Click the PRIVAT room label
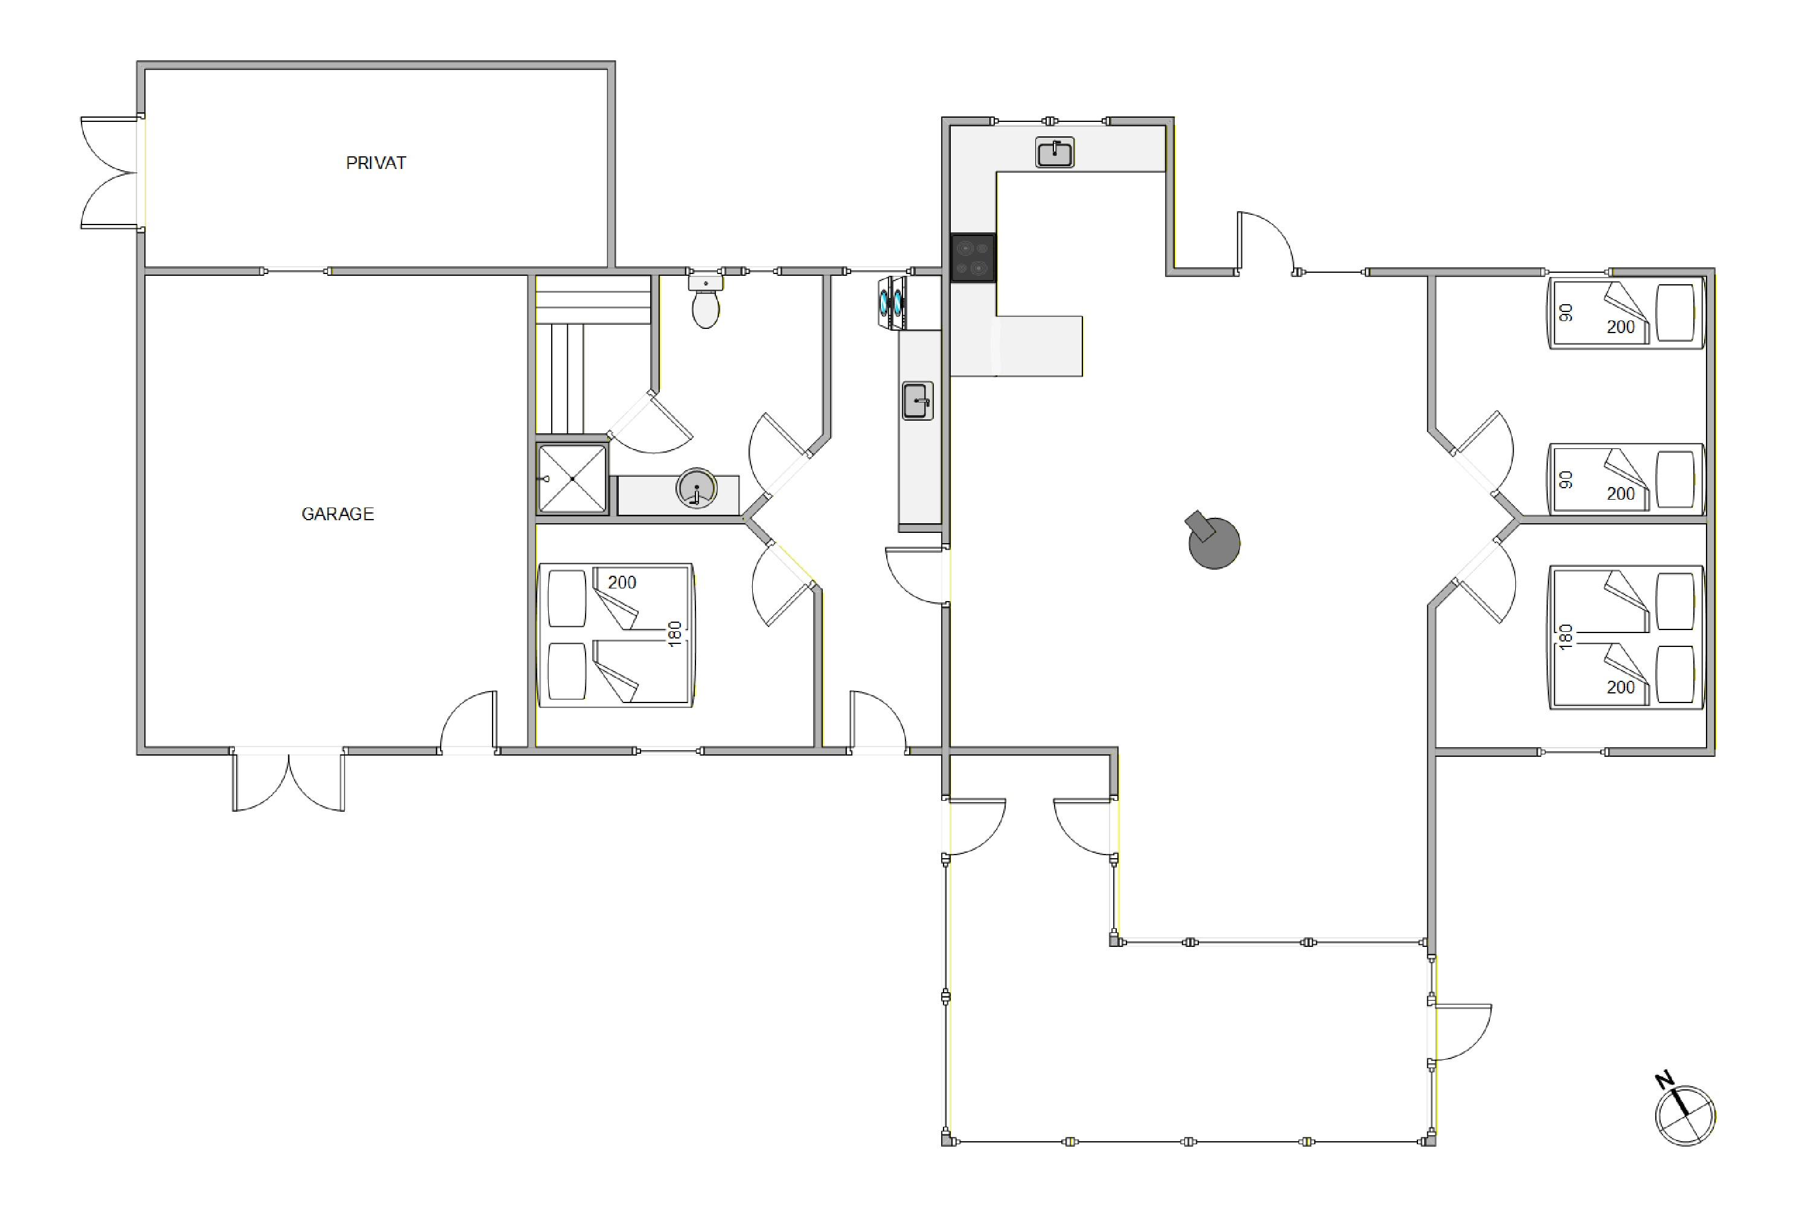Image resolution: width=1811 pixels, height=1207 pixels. click(x=375, y=163)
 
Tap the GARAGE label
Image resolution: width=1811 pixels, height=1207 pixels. click(x=337, y=514)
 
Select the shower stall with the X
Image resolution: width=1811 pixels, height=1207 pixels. click(x=572, y=479)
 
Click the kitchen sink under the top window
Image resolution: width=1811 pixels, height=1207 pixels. click(x=1054, y=153)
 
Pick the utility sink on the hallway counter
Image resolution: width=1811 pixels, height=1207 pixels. click(x=917, y=400)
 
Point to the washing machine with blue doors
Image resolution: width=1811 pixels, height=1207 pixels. click(x=892, y=302)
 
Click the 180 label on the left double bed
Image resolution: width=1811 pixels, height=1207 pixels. click(x=676, y=634)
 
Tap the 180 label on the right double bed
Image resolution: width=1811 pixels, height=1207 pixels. click(x=1565, y=637)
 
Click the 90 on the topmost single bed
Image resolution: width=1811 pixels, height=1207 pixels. click(x=1565, y=313)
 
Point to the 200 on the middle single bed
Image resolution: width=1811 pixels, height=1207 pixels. click(x=1620, y=494)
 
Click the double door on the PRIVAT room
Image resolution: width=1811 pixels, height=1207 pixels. click(x=112, y=173)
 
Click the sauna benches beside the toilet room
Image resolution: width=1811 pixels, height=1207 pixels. click(x=593, y=354)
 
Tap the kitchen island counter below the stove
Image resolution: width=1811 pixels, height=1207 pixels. click(x=1017, y=346)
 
